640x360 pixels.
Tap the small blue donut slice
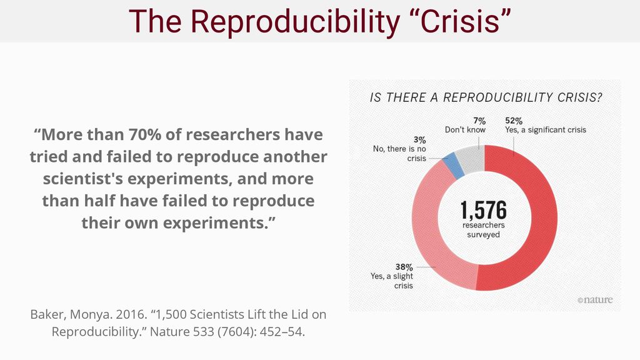pyautogui.click(x=451, y=164)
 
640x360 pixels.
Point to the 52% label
pyautogui.click(x=514, y=120)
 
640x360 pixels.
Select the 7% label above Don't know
pyautogui.click(x=479, y=120)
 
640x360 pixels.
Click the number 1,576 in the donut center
pyautogui.click(x=484, y=211)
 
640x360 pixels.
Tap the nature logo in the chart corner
pyautogui.click(x=595, y=300)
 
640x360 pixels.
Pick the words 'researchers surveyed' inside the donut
pyautogui.click(x=484, y=229)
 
